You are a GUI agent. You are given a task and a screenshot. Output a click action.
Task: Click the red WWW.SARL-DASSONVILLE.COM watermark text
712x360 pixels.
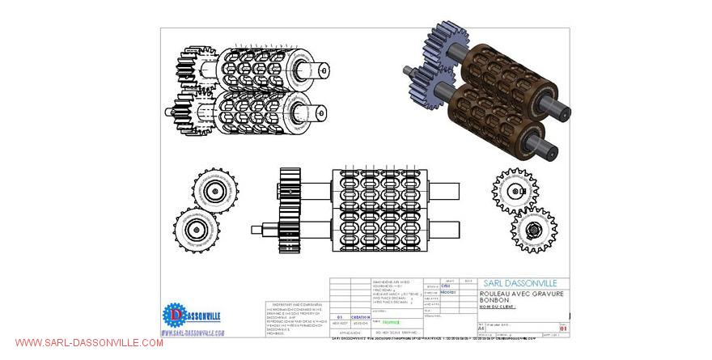pyautogui.click(x=88, y=343)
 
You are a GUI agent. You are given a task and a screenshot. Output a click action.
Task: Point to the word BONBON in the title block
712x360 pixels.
pyautogui.click(x=495, y=300)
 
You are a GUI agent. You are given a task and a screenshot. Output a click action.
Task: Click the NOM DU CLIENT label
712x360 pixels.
pyautogui.click(x=498, y=307)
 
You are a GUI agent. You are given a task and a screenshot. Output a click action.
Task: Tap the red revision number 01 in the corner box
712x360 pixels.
pyautogui.click(x=564, y=329)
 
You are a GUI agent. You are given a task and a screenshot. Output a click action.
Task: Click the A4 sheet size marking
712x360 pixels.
pyautogui.click(x=481, y=329)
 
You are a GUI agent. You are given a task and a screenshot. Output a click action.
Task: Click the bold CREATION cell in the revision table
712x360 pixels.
pyautogui.click(x=360, y=317)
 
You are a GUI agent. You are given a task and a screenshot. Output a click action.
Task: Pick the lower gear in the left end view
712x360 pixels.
pyautogui.click(x=197, y=230)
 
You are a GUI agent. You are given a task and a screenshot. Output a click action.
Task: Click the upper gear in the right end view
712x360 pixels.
pyautogui.click(x=515, y=190)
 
